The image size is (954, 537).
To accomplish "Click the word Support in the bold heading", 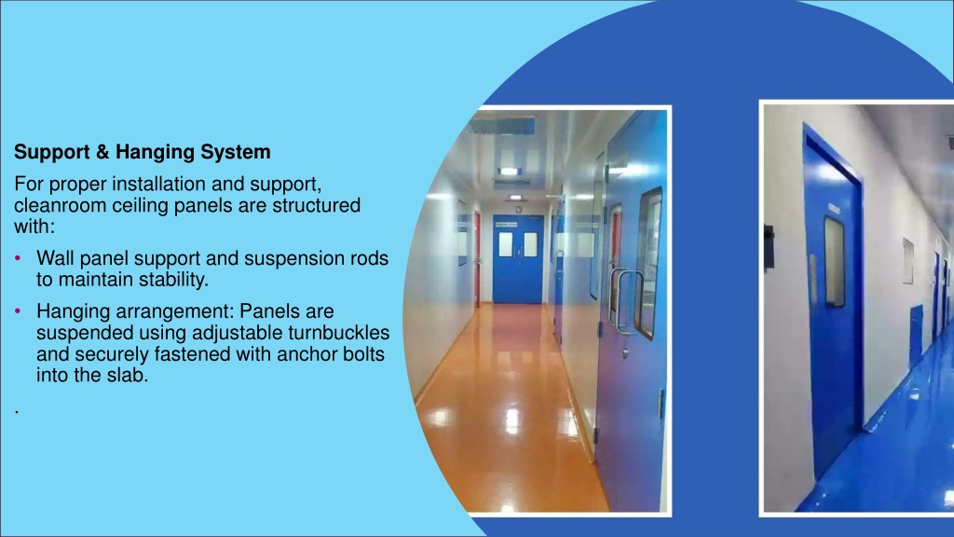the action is coord(52,152).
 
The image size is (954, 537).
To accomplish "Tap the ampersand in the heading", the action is coord(102,152).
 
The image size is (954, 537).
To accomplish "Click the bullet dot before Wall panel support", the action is coord(18,258).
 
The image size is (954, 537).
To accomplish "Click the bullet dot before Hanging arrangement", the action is coord(18,311).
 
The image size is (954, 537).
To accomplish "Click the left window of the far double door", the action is coord(506,244).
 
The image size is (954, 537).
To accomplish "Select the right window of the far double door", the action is coord(530,244).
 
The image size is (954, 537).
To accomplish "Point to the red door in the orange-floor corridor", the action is coord(477,259).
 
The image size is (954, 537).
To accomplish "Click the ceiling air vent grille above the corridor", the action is coord(502,126).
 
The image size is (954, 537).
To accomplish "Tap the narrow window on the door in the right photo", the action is coord(835,262).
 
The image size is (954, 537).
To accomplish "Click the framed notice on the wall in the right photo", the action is coord(907,261).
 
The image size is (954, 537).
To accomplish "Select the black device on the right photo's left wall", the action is coord(769,247).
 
